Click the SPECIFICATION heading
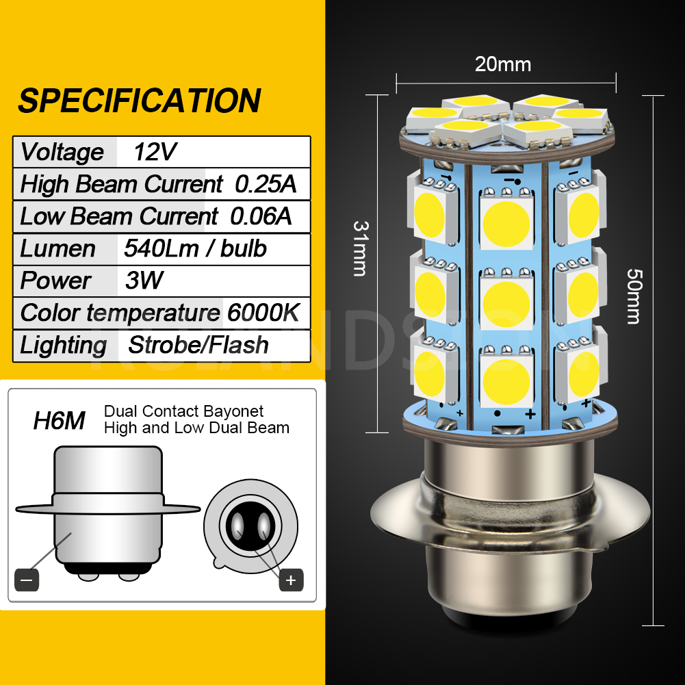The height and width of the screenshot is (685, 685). [x=139, y=100]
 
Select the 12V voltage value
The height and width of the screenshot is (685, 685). [x=155, y=151]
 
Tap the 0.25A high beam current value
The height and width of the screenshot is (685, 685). [x=266, y=184]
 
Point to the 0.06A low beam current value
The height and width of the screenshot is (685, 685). [x=261, y=216]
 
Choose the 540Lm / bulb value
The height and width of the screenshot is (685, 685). [x=195, y=248]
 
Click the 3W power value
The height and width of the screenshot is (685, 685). [x=144, y=281]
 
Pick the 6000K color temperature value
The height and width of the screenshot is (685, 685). [x=263, y=313]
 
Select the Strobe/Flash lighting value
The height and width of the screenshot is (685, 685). [x=198, y=345]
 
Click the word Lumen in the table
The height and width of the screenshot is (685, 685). [x=57, y=248]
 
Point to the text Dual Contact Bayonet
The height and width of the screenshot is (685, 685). [x=183, y=411]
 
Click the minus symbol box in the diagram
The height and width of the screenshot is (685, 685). [x=27, y=580]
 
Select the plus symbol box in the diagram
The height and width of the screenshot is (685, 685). [x=291, y=580]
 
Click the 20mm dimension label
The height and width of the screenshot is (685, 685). [x=503, y=64]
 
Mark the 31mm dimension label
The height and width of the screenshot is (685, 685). [x=360, y=248]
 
